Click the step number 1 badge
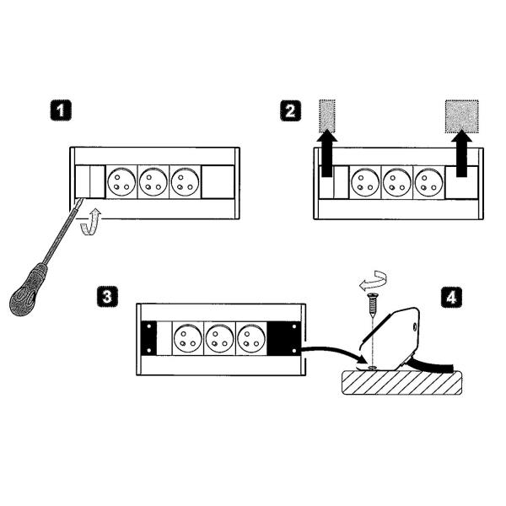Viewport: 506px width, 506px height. (59, 110)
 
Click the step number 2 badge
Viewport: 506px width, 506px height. (290, 110)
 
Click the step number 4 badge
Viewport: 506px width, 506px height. (452, 296)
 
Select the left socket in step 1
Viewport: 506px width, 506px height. (120, 180)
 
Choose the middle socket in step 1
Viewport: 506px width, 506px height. (153, 180)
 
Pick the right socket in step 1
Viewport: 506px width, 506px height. (185, 180)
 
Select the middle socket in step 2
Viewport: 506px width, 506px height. (397, 180)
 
